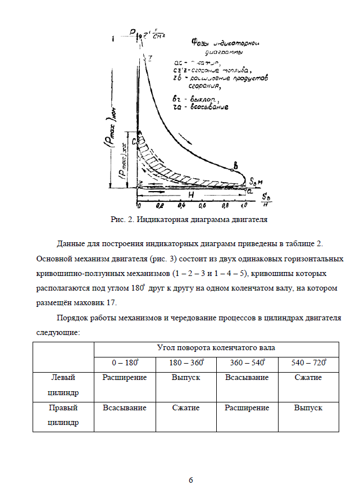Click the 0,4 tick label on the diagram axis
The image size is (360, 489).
click(x=181, y=206)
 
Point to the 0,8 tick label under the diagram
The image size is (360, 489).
click(x=225, y=206)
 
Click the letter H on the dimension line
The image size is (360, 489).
click(x=191, y=194)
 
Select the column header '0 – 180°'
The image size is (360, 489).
click(x=124, y=363)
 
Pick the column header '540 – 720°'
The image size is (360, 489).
click(x=308, y=363)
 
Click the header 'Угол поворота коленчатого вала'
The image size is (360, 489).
click(x=216, y=348)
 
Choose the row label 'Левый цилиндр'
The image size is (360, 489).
click(x=63, y=384)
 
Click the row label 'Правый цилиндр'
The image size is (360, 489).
click(x=63, y=414)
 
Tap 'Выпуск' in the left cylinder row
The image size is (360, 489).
click(x=185, y=378)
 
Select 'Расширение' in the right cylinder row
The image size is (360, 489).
click(x=247, y=408)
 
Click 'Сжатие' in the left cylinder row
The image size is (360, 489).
click(x=308, y=378)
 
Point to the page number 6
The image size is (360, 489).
click(x=190, y=479)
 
